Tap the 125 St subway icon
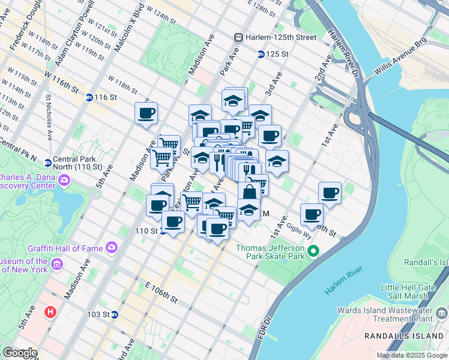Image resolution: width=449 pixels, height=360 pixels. (261, 55)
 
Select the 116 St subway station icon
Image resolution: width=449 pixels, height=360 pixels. (89, 97)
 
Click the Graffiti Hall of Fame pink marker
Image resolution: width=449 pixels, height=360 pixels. (112, 247)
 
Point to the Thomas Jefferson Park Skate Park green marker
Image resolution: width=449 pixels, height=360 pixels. (312, 251)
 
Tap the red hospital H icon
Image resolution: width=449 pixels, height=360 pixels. (50, 312)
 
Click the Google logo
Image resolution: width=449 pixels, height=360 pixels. (20, 353)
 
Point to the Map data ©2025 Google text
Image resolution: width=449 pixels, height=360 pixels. (411, 355)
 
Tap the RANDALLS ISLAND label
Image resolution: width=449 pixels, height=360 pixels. (406, 336)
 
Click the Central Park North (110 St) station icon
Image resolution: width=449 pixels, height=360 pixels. (49, 161)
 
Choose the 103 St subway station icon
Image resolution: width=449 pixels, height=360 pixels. (114, 314)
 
